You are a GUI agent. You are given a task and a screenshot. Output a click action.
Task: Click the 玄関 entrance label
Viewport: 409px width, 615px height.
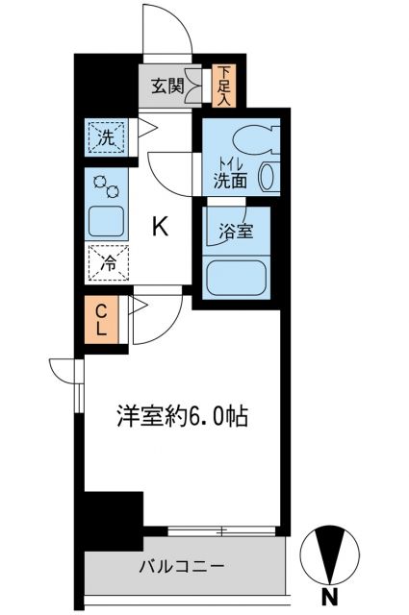(167, 86)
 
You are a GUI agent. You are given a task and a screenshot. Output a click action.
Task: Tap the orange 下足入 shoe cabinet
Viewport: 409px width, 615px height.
(222, 85)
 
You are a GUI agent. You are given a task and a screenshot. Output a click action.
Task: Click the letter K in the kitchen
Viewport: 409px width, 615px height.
(161, 227)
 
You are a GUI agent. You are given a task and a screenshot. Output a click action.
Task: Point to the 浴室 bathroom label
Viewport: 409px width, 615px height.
(236, 231)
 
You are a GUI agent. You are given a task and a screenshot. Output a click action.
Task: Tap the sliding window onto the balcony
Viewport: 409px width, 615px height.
(223, 529)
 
